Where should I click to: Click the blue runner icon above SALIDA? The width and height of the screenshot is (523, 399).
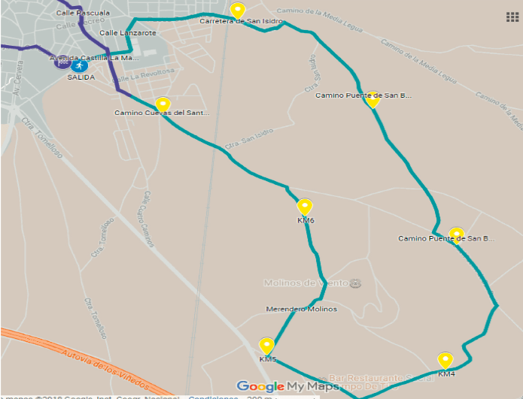pos(81,63)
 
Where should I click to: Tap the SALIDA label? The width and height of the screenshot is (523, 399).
pos(81,77)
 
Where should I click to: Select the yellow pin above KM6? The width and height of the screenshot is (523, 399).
pos(305,207)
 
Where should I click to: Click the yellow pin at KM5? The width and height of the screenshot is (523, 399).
pos(266,346)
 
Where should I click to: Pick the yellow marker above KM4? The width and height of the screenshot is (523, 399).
pos(445,360)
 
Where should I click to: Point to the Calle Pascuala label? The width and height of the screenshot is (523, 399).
pos(83,14)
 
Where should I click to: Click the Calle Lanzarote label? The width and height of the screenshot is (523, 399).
pos(127,33)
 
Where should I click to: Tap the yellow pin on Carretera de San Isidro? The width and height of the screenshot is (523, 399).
pos(238,11)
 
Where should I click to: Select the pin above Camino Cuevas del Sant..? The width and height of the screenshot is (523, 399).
pos(163,104)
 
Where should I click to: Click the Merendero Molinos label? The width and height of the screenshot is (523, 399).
pos(301,310)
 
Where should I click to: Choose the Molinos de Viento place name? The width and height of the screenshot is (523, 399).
pos(306,283)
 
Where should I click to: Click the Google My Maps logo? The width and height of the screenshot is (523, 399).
pos(287,386)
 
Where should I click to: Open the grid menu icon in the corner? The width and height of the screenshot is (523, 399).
pos(512,17)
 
